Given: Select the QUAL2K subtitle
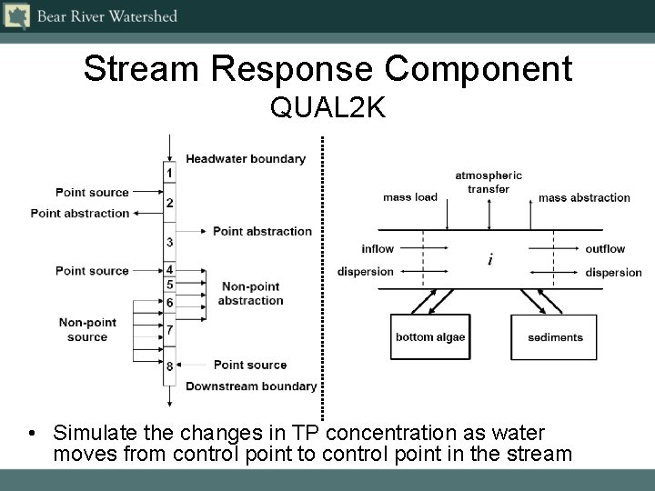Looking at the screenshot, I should tap(327, 108).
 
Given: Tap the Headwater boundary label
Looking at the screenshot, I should tap(246, 159).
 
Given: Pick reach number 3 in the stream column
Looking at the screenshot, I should tap(169, 242).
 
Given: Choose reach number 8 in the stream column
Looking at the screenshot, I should tap(169, 366).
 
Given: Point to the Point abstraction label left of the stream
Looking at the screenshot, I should tap(80, 214).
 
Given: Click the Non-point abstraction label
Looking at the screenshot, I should tap(251, 294).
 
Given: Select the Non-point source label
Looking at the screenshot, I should tap(87, 330).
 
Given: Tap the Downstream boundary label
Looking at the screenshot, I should tap(251, 386).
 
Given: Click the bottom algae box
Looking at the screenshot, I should tap(430, 337).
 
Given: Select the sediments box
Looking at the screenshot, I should tap(555, 337).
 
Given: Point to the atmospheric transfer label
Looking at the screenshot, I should tap(489, 182).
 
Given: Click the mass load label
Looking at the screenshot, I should tap(410, 197).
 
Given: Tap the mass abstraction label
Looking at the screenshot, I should tap(584, 197).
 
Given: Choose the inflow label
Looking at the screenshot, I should tap(378, 249).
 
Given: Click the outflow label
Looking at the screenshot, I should tap(605, 249).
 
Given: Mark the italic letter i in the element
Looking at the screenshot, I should tap(491, 261).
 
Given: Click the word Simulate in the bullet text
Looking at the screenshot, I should tap(92, 432).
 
